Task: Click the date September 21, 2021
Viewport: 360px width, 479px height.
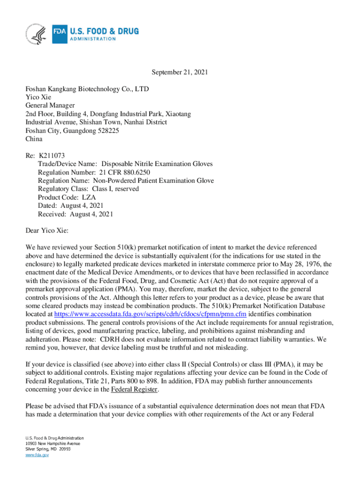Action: [180, 73]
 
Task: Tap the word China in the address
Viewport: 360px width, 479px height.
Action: [34, 139]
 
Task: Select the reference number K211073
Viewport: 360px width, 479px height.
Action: [51, 156]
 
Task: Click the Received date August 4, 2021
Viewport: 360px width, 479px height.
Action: [91, 214]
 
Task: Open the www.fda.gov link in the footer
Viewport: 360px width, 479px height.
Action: [37, 455]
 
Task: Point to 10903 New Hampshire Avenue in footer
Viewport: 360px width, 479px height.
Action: [53, 443]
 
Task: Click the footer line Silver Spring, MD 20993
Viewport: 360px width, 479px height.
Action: [48, 449]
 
